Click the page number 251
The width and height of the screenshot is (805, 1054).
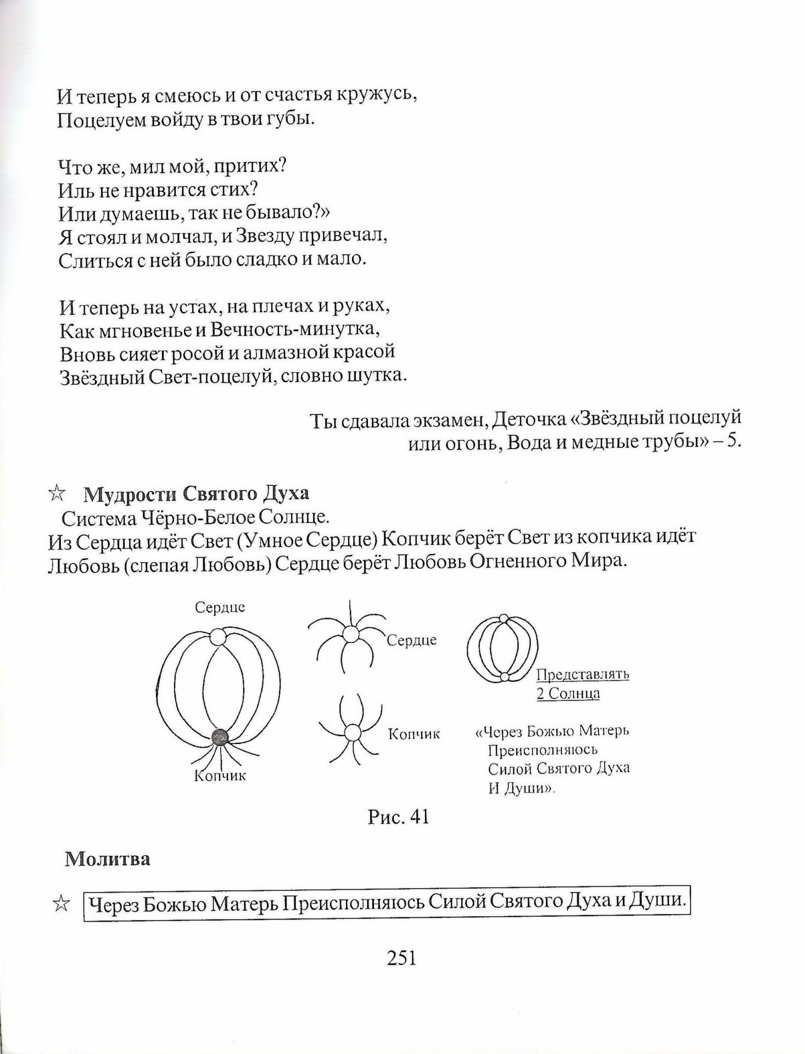pyautogui.click(x=402, y=958)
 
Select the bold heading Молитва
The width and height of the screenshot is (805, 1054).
pyautogui.click(x=107, y=859)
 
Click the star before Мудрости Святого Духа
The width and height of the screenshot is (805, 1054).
pyautogui.click(x=57, y=494)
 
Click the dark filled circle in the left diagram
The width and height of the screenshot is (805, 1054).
pyautogui.click(x=220, y=738)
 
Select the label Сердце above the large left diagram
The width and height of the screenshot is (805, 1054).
pyautogui.click(x=220, y=607)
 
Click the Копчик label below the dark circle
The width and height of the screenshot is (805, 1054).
pyautogui.click(x=220, y=776)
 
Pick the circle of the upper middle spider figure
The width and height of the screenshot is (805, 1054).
pyautogui.click(x=351, y=635)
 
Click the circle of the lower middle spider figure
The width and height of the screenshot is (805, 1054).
pyautogui.click(x=351, y=732)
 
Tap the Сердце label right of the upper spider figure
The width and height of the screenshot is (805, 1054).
pyautogui.click(x=412, y=640)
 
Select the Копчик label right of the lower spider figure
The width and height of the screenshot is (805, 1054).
pyautogui.click(x=414, y=734)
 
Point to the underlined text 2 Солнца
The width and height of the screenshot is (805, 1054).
pyautogui.click(x=568, y=693)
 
